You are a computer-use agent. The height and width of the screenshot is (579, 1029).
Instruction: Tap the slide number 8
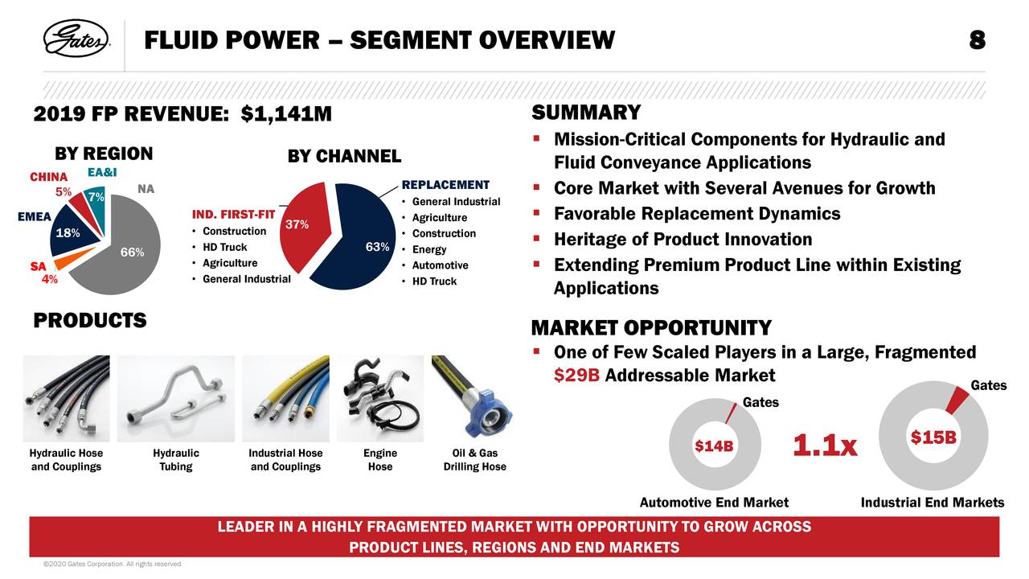click(977, 39)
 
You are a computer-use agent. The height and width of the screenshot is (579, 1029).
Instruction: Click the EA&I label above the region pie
click(102, 173)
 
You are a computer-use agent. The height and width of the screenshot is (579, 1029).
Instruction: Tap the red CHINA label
click(48, 177)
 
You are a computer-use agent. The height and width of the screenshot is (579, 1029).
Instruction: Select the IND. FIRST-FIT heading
click(233, 216)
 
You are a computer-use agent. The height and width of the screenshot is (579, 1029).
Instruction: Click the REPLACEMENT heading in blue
click(445, 185)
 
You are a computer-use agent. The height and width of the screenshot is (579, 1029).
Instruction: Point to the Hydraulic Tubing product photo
click(175, 398)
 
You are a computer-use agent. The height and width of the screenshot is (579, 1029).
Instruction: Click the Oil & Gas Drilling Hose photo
click(474, 398)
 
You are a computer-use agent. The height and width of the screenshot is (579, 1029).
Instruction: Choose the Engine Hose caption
click(380, 460)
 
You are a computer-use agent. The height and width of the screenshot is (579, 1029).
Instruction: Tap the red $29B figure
click(576, 376)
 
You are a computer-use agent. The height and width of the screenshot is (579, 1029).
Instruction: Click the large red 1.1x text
click(826, 446)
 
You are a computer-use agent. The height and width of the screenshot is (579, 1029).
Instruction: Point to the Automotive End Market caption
click(714, 503)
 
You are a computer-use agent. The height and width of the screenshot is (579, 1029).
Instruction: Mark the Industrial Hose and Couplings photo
click(285, 398)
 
